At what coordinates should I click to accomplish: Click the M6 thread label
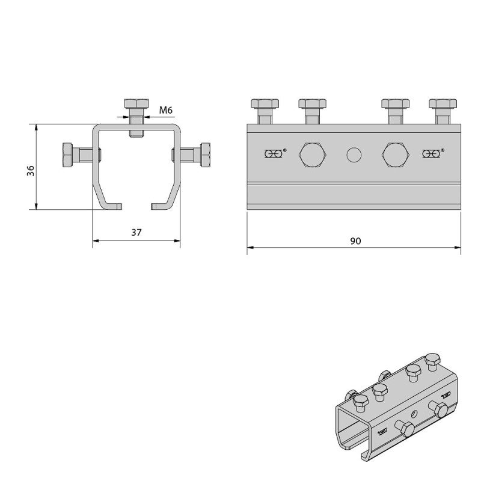tap(166, 110)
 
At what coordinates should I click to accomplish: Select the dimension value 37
tap(136, 233)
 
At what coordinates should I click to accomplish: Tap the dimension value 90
tap(355, 240)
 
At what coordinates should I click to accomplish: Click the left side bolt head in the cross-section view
tap(67, 156)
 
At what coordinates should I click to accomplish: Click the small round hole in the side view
tap(354, 155)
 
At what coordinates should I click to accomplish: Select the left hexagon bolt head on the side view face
tap(312, 155)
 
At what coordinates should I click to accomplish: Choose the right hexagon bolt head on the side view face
tap(396, 155)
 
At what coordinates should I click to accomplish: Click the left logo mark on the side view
tap(275, 155)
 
